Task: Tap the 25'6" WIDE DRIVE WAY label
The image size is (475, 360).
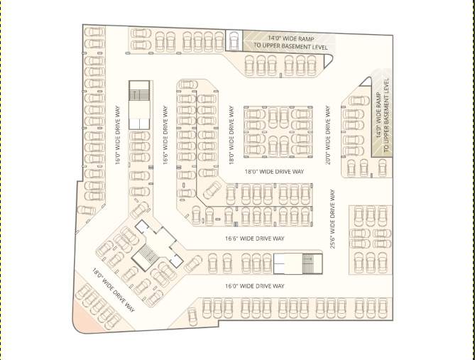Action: (x=332, y=218)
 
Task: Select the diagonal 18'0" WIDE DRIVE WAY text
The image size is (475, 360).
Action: (x=114, y=289)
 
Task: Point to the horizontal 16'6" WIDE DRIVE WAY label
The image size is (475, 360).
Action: (x=254, y=239)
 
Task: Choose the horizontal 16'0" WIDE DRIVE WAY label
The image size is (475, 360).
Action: (x=254, y=285)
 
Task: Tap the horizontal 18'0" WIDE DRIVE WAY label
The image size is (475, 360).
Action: (x=274, y=172)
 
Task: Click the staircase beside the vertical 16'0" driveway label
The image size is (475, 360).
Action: (x=139, y=104)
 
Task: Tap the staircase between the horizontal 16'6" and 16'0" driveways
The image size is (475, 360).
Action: (x=297, y=263)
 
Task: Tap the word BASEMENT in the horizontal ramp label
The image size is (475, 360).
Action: (x=300, y=47)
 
